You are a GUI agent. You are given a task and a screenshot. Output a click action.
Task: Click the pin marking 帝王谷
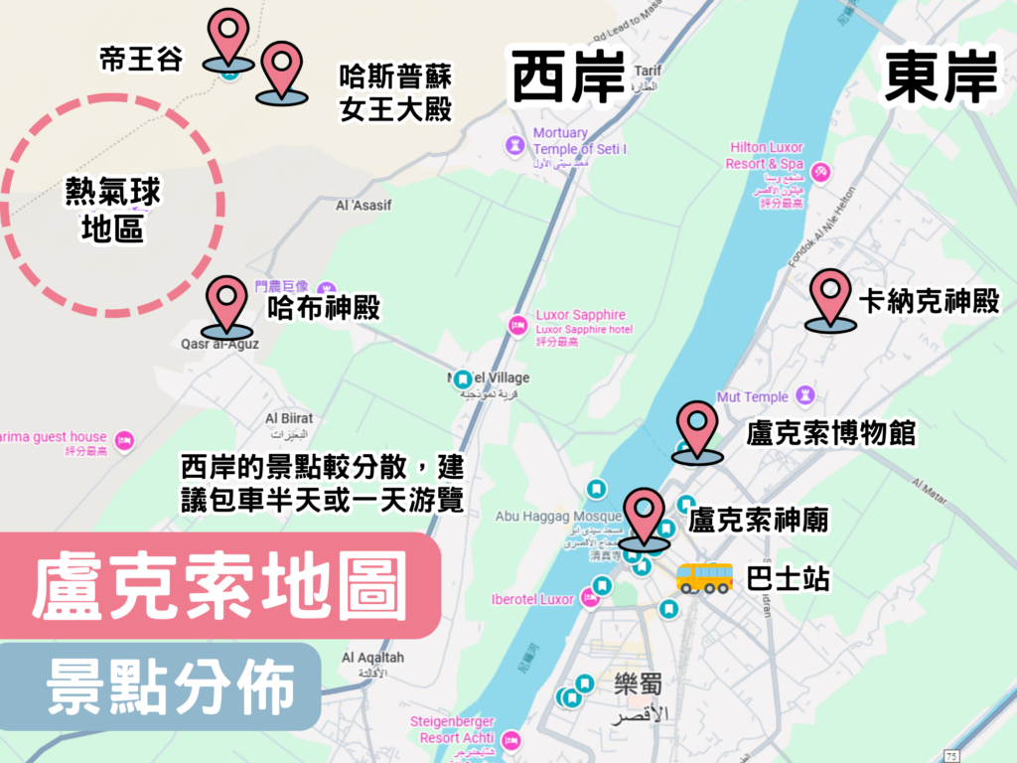tap(229, 36)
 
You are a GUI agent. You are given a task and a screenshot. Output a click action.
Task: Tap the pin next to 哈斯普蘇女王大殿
tap(282, 68)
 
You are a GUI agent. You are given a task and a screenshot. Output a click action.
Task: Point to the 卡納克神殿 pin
tap(830, 295)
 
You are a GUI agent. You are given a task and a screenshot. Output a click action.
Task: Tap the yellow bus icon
tap(704, 577)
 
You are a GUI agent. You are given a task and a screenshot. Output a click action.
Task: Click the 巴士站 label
tap(788, 578)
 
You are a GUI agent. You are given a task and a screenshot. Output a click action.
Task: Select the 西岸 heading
tap(567, 78)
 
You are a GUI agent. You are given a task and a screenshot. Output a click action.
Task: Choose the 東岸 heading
tap(940, 77)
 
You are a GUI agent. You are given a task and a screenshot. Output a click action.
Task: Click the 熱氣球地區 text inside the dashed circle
tap(112, 210)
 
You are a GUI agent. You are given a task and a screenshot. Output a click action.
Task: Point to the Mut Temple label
tap(752, 397)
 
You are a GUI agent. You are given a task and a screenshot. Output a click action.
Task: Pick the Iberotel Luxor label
tap(533, 599)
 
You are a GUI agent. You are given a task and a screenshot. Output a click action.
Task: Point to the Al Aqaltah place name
tap(372, 658)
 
